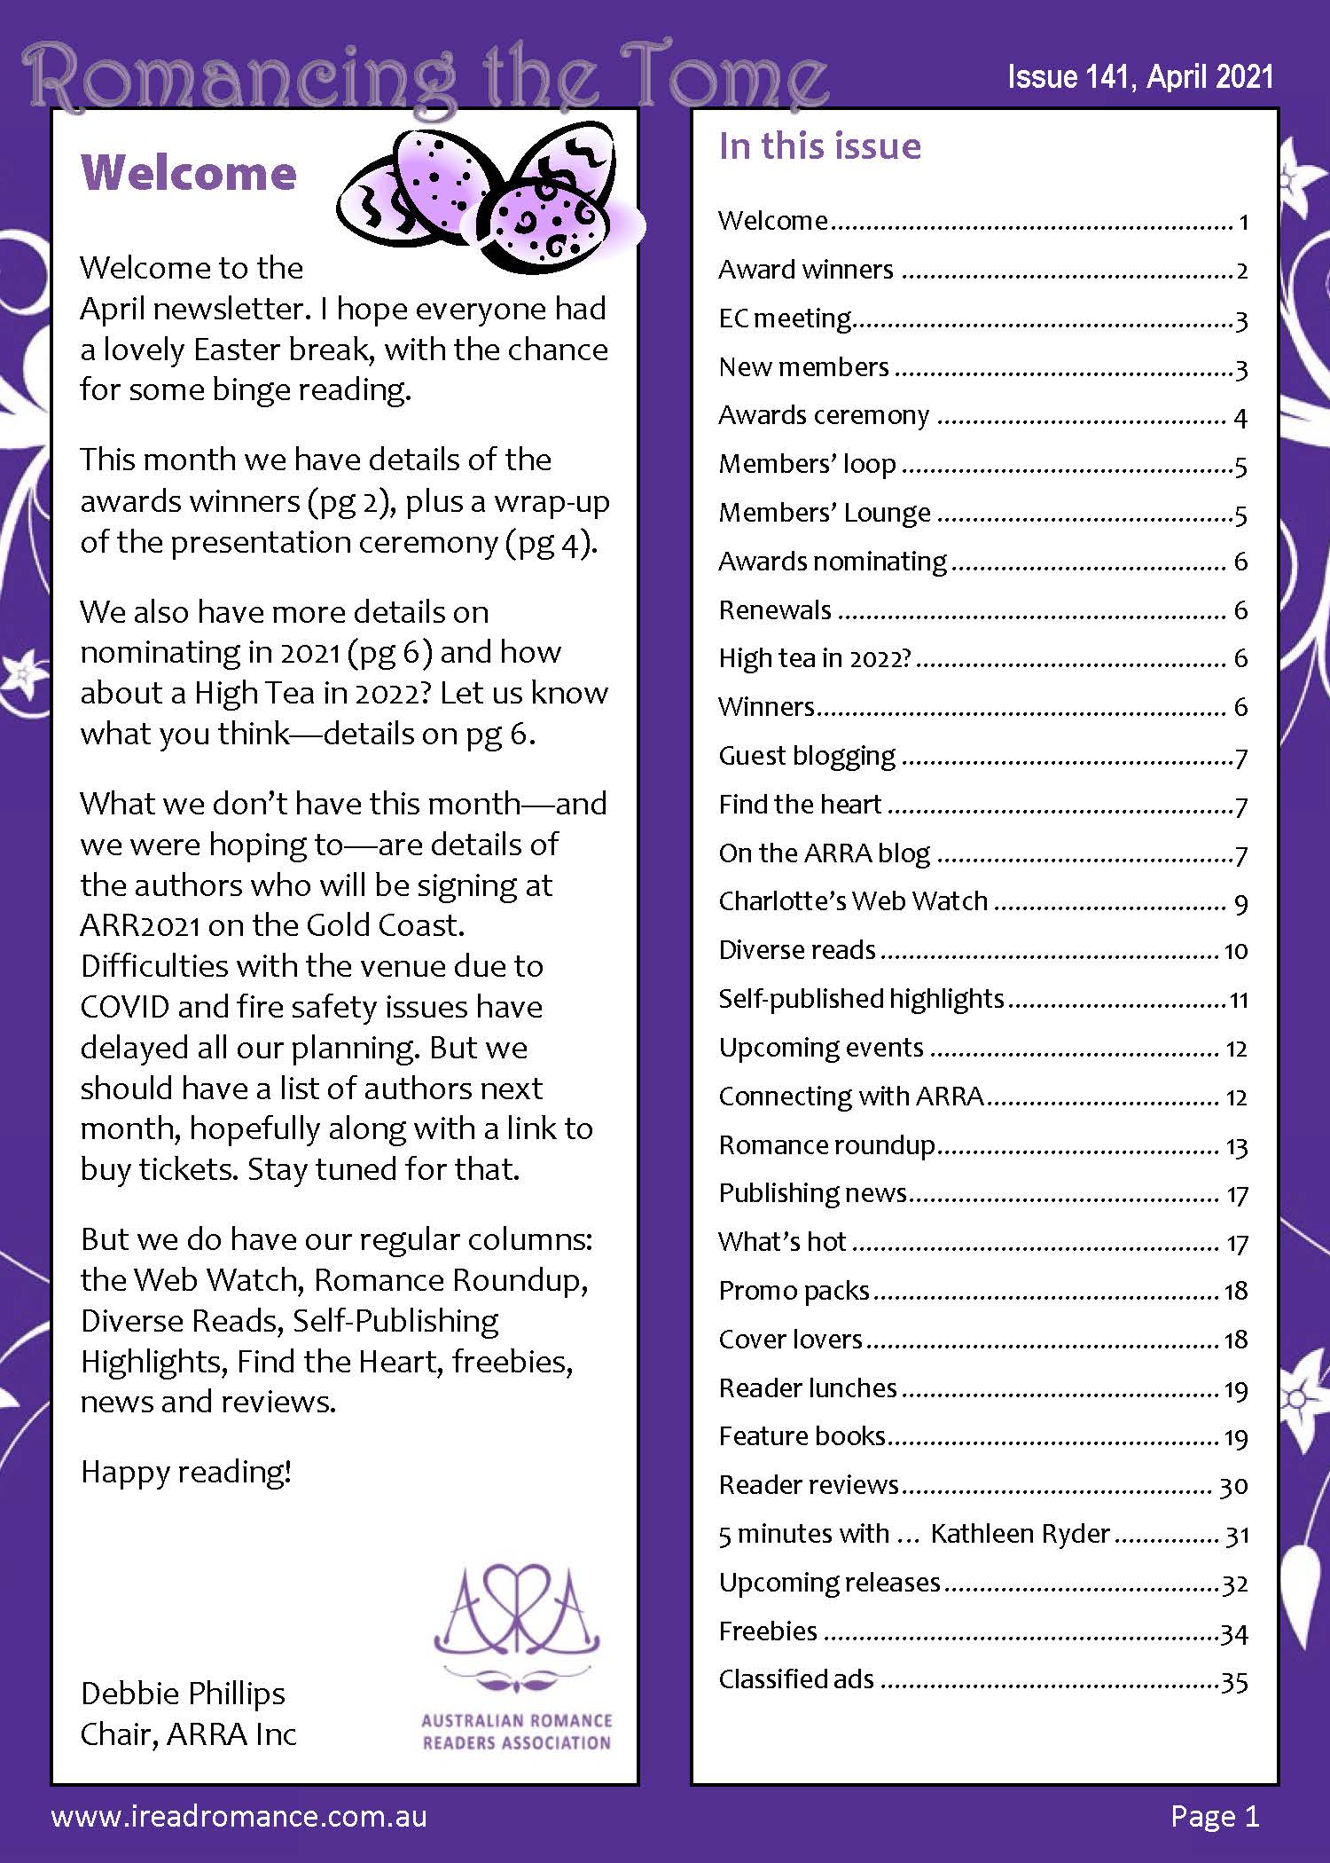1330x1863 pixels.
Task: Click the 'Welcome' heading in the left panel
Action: [x=188, y=172]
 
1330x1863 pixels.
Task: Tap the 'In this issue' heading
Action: [x=819, y=145]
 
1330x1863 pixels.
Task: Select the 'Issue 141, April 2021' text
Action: [x=1140, y=77]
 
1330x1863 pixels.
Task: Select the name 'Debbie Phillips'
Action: [x=183, y=1693]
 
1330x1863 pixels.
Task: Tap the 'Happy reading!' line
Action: [x=186, y=1472]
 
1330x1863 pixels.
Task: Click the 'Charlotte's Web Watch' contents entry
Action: [x=852, y=900]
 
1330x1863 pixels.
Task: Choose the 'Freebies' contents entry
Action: [x=768, y=1631]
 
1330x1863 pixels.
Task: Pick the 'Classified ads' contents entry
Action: [x=796, y=1678]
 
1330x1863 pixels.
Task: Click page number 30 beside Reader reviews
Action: [x=1233, y=1485]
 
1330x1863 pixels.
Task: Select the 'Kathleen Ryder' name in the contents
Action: [x=1020, y=1533]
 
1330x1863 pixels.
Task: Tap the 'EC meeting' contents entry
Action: [x=784, y=318]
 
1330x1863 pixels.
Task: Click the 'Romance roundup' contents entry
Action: [x=826, y=1144]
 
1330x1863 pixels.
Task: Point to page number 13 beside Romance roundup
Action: [x=1236, y=1146]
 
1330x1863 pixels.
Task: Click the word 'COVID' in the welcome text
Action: [x=124, y=1007]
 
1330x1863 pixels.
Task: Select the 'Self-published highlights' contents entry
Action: [x=861, y=998]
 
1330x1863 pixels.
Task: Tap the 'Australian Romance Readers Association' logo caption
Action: [x=517, y=1731]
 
